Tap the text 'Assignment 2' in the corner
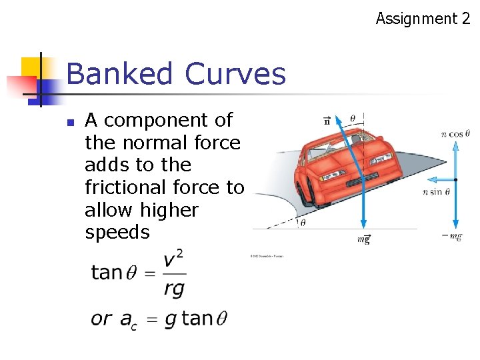click(423, 19)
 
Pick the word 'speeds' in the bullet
click(117, 232)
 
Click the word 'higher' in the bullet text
click(167, 210)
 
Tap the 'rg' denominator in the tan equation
click(174, 289)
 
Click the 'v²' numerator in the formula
click(173, 260)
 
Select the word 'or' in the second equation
click(101, 318)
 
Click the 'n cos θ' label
click(455, 134)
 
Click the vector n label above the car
click(326, 121)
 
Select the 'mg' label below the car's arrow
click(363, 239)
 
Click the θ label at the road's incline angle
click(303, 223)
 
